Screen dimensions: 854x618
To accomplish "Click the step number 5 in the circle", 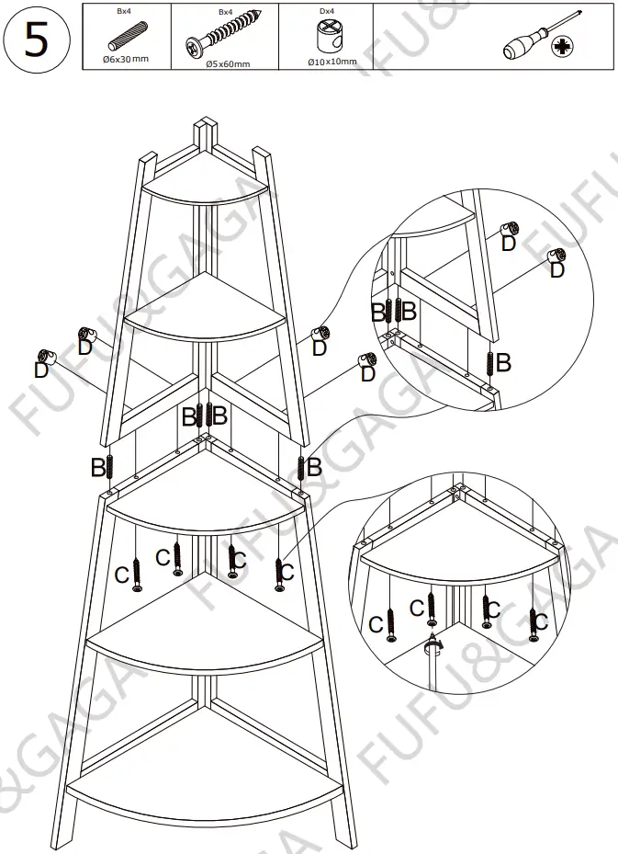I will (x=36, y=40).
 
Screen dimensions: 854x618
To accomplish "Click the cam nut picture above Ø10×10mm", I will (x=327, y=38).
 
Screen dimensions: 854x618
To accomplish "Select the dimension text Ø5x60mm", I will (x=227, y=63).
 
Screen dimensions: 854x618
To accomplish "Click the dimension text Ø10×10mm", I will (x=331, y=62).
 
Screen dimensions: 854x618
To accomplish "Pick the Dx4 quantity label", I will (x=326, y=10).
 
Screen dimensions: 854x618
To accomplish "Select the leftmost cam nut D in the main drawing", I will (x=44, y=357).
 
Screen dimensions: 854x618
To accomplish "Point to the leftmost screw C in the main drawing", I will (x=137, y=574).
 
